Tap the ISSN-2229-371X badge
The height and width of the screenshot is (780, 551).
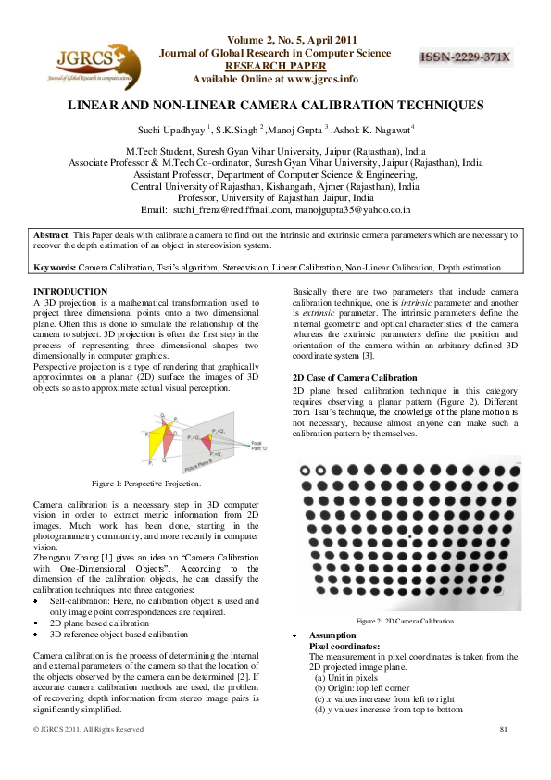point(466,57)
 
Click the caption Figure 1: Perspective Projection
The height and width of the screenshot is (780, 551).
point(146,484)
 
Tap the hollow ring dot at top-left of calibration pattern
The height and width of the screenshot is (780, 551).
point(307,469)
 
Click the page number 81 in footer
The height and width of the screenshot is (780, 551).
point(505,730)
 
